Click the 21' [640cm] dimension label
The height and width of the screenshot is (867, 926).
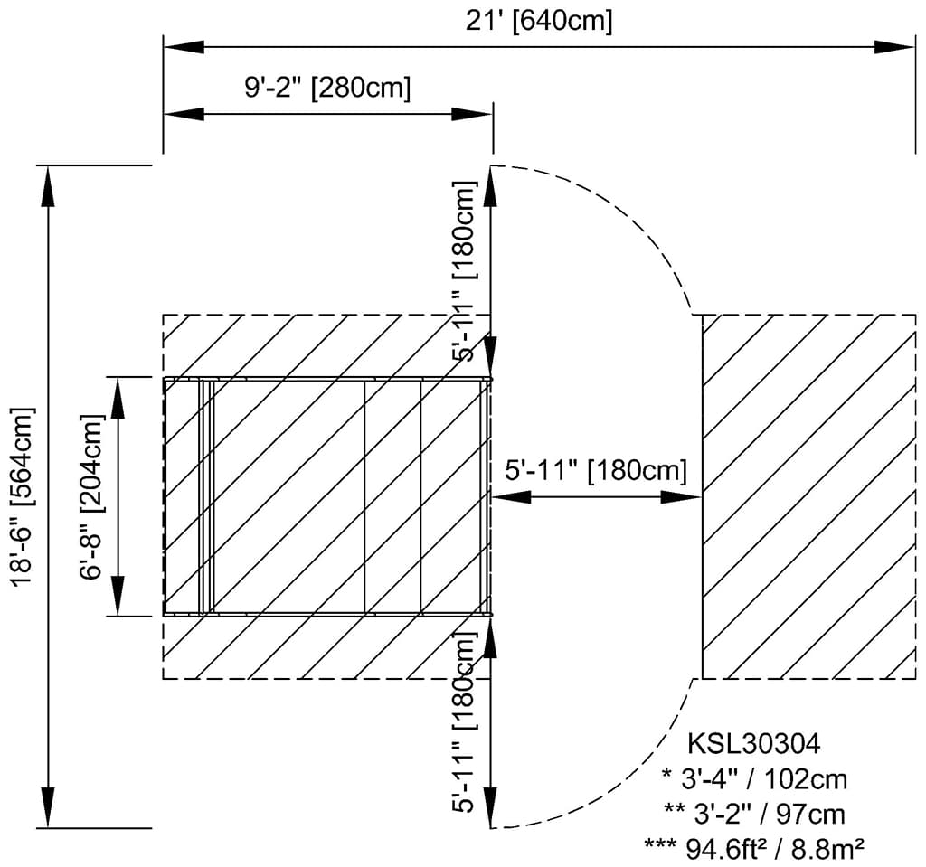pyautogui.click(x=539, y=22)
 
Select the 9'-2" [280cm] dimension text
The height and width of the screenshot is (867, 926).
pyautogui.click(x=327, y=88)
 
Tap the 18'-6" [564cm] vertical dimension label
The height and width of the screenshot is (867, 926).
pyautogui.click(x=24, y=496)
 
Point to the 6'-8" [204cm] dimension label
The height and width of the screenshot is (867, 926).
pyautogui.click(x=91, y=496)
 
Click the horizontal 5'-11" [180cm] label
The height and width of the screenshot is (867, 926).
pyautogui.click(x=597, y=471)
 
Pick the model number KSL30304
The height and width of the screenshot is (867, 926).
pyautogui.click(x=754, y=743)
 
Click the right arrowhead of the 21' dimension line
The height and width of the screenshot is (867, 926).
pyautogui.click(x=894, y=47)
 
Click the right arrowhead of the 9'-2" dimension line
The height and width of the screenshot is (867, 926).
pyautogui.click(x=472, y=114)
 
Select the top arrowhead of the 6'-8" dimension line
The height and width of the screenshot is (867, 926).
pyautogui.click(x=119, y=398)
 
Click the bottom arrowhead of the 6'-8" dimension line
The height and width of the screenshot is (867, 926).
pyautogui.click(x=119, y=595)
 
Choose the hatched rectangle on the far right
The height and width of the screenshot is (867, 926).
pyautogui.click(x=809, y=496)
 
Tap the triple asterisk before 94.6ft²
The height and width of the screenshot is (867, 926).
pyautogui.click(x=661, y=845)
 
